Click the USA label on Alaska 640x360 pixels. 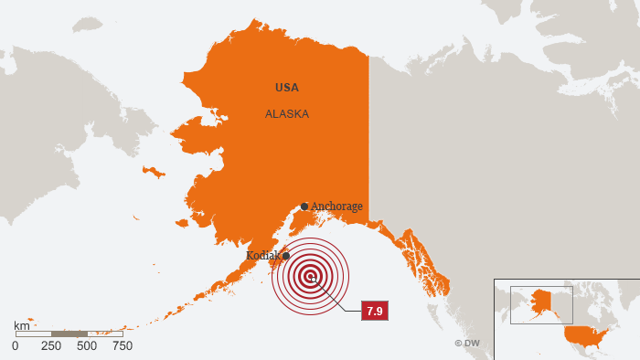pos(287,88)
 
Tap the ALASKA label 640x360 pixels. pos(287,114)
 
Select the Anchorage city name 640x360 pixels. pos(336,206)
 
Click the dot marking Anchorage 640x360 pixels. pos(304,206)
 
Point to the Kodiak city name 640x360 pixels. pos(263,256)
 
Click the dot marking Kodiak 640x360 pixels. pos(285,256)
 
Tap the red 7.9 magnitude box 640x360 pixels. pos(374,312)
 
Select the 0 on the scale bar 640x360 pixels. pos(15,346)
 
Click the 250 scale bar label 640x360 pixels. pos(51,346)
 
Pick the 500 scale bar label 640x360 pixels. pos(87,346)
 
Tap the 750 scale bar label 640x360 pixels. pos(123,346)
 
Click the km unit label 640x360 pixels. pos(21,325)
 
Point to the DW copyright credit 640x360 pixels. pos(467,344)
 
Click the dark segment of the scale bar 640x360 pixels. pos(69,334)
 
